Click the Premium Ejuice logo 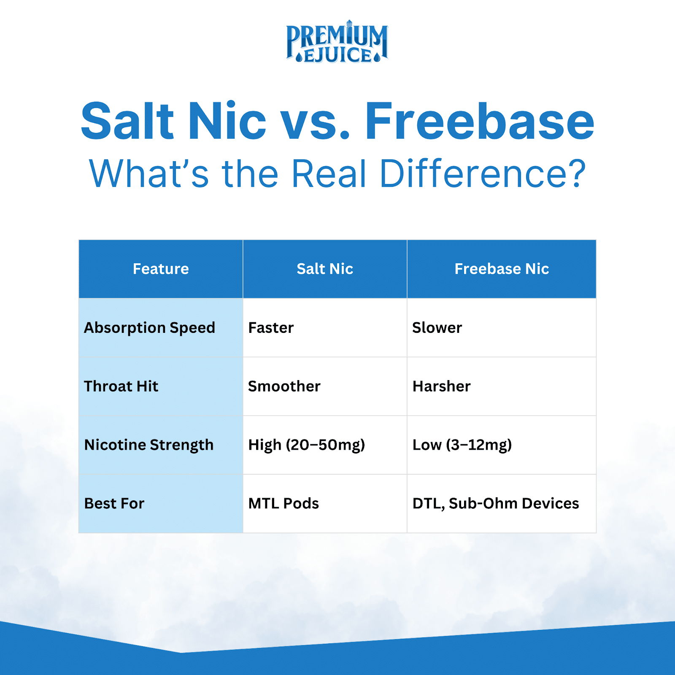(x=337, y=42)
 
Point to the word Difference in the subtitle (x=483, y=173)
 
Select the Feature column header (x=161, y=269)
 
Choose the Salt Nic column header (x=325, y=269)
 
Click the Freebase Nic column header (x=502, y=269)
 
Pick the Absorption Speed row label (x=150, y=328)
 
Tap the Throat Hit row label (x=121, y=386)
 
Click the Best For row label (x=114, y=503)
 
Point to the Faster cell (x=271, y=327)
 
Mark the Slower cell (x=437, y=327)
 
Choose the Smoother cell (x=284, y=386)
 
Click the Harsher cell (x=442, y=386)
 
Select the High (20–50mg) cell (x=307, y=445)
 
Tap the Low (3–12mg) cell (x=462, y=445)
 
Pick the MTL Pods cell (x=283, y=503)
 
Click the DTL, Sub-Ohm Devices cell (x=496, y=503)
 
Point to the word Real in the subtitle (x=329, y=173)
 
